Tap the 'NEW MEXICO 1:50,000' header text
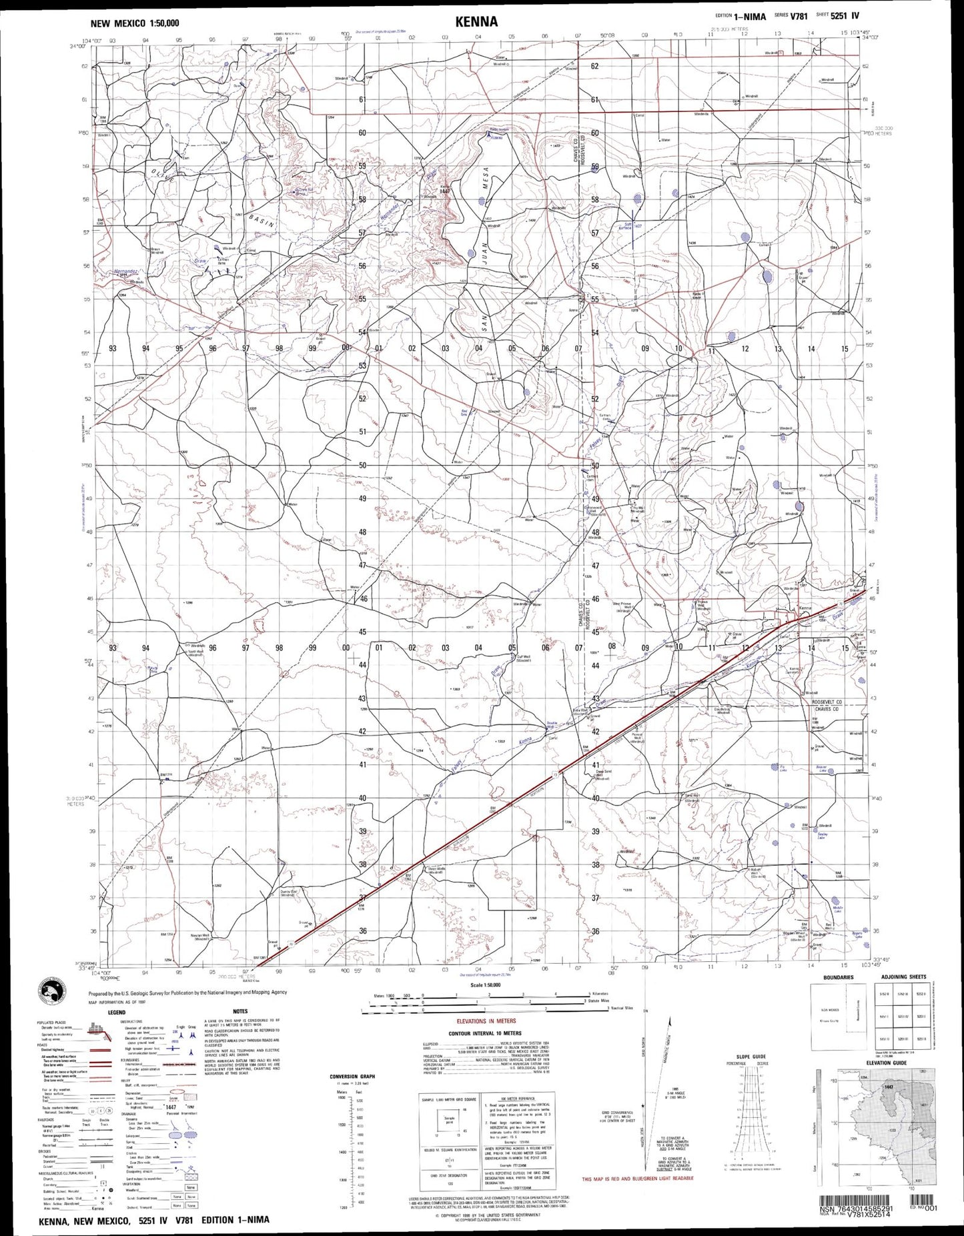135,23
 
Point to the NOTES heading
240,1012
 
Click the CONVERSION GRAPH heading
353,1077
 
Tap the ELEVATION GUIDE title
887,1063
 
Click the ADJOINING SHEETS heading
903,977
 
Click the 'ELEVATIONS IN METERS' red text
486,1021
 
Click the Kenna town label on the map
805,608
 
